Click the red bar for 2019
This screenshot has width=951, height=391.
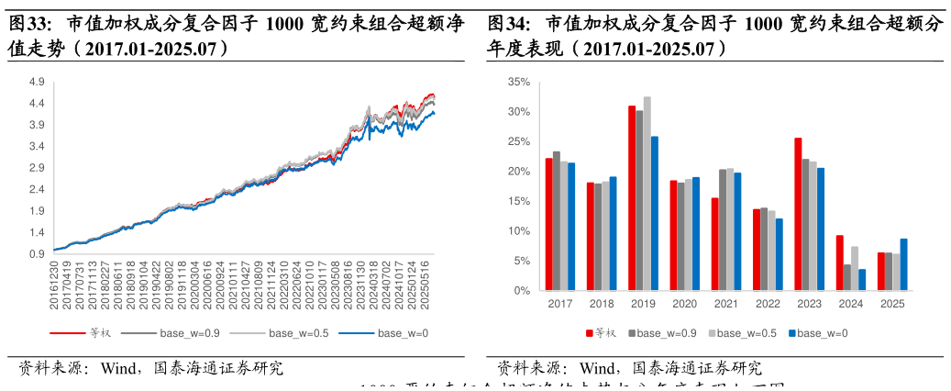633,198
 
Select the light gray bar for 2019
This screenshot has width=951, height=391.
647,194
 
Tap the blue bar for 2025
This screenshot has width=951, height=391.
904,264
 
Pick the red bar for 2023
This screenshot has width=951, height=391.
798,214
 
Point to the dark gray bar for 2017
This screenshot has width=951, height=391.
557,221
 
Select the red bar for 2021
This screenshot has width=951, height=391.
714,244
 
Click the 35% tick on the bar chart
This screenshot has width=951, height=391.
519,83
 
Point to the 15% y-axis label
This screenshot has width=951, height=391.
519,202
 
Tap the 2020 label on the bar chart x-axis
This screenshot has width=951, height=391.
685,303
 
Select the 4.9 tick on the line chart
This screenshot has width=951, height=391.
38,83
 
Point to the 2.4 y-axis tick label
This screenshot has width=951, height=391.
38,190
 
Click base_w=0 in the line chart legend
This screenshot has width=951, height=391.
403,333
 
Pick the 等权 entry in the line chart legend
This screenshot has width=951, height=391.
91,333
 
